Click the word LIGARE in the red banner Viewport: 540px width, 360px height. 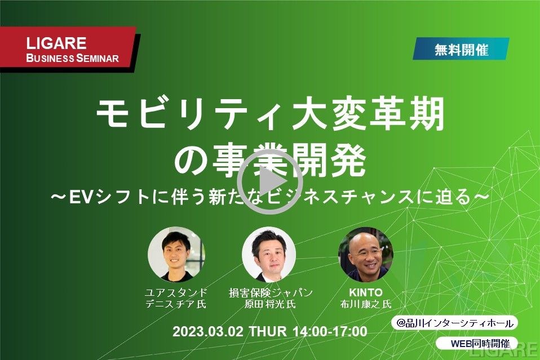pos(56,43)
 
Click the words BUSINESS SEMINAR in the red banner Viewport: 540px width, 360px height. pos(72,58)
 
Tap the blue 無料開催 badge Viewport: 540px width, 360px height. pos(461,49)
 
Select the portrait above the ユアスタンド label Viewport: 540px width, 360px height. pos(176,255)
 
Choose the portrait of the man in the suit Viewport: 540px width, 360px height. pos(269,255)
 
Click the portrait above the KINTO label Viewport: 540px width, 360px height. pos(366,255)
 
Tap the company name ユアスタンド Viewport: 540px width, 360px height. pos(176,292)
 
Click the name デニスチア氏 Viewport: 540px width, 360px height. pos(176,304)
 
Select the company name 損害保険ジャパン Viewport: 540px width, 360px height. pos(271,292)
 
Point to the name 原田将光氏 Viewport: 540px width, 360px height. pos(270,304)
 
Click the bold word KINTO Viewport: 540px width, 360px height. pos(366,292)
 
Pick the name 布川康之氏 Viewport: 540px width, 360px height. pos(366,304)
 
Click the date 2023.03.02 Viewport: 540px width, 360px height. pos(208,331)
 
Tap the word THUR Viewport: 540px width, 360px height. pos(268,331)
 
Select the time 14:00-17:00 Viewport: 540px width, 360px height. pos(330,331)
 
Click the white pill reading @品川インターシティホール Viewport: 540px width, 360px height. pos(454,323)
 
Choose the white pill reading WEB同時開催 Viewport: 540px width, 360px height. pos(477,343)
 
